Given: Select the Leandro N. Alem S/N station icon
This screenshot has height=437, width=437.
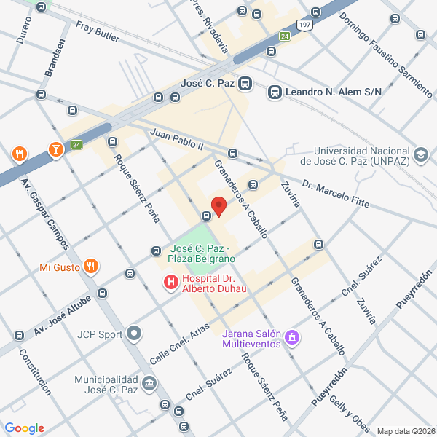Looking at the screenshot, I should (x=275, y=92).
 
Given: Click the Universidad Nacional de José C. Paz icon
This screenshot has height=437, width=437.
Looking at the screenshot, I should (x=420, y=154).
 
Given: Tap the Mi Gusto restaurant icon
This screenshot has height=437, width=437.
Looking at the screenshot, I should (x=91, y=267).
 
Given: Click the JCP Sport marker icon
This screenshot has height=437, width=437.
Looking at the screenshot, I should (x=133, y=335).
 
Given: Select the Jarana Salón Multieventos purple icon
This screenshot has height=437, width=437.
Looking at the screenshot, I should (x=292, y=336).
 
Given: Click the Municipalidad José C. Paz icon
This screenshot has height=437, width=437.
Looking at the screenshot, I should (x=149, y=382).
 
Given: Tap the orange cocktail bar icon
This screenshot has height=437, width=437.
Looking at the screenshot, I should (x=55, y=150).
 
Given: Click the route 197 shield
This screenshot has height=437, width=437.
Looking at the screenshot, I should (x=305, y=25).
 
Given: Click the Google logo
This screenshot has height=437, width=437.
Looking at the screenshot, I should (x=25, y=428).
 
